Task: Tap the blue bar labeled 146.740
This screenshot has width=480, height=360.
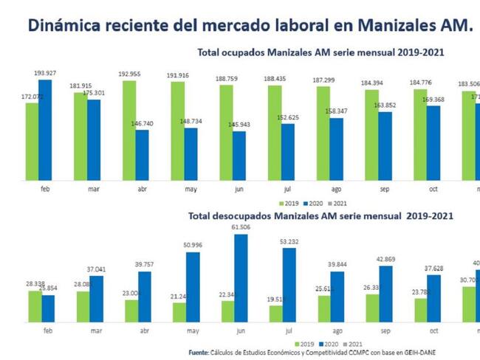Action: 142,155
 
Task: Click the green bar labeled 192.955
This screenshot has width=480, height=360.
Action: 129,130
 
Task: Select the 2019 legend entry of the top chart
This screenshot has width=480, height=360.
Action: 289,203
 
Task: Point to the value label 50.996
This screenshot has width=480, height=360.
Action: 191,244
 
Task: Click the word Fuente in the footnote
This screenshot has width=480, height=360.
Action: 198,353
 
